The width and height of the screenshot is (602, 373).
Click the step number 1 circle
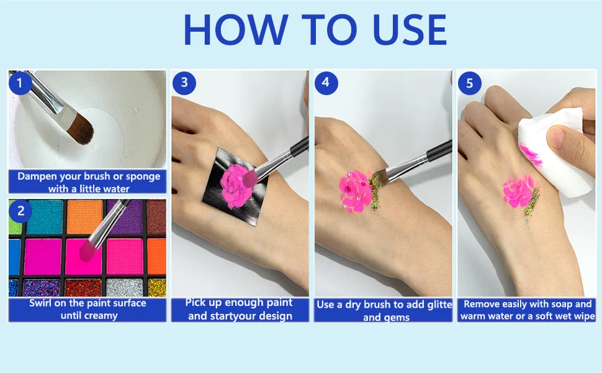point(20,83)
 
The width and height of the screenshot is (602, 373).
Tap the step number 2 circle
point(20,211)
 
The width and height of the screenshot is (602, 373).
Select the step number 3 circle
point(184,83)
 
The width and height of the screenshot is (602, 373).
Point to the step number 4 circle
point(326,83)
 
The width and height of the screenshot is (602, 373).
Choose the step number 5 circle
point(469,83)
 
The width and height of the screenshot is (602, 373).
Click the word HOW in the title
point(236,30)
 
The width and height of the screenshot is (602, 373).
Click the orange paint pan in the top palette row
point(84,217)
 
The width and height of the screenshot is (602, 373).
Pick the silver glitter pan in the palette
point(125,288)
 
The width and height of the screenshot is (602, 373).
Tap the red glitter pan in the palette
point(83,288)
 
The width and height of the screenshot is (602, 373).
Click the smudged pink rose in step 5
point(519,191)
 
